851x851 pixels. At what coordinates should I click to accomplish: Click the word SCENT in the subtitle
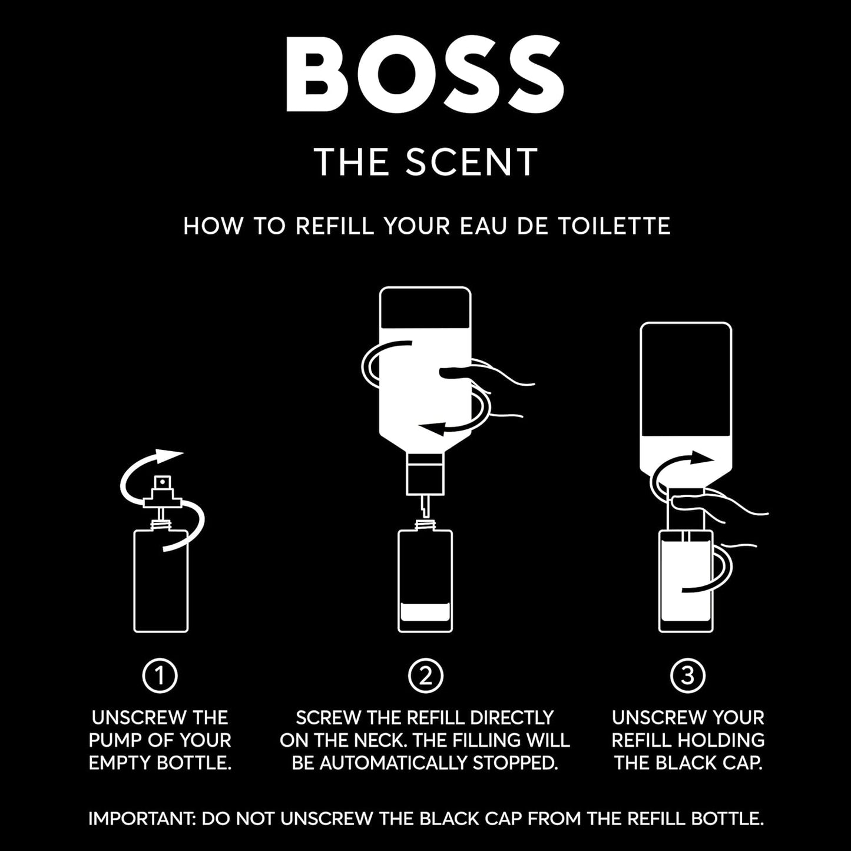(x=471, y=161)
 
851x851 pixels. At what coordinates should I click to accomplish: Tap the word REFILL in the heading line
(x=334, y=226)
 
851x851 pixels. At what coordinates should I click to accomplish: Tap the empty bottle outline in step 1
(x=161, y=580)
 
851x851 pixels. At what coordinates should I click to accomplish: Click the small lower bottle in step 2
(x=425, y=580)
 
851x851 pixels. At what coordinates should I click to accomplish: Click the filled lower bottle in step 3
(x=685, y=580)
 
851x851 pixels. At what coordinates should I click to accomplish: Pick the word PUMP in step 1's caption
(x=115, y=740)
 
